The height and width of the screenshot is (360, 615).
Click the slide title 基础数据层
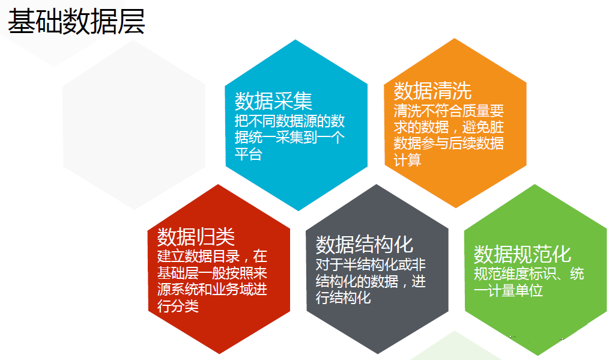pyautogui.click(x=76, y=22)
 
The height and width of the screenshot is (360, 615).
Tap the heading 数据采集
pyautogui.click(x=273, y=102)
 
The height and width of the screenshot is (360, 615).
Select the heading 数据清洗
pyautogui.click(x=432, y=91)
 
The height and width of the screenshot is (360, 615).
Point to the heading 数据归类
pyautogui.click(x=196, y=237)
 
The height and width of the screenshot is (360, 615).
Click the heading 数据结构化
pyautogui.click(x=365, y=245)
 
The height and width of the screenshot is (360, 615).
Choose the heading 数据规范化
pyautogui.click(x=523, y=254)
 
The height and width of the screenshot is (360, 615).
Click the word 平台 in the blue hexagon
pyautogui.click(x=248, y=154)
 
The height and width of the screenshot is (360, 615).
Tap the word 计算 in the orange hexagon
pyautogui.click(x=408, y=160)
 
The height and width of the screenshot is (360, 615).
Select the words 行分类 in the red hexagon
pyautogui.click(x=178, y=305)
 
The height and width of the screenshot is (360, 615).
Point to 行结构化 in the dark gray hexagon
pyautogui.click(x=343, y=297)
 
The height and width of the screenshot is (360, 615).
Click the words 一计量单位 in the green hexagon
pyautogui.click(x=508, y=290)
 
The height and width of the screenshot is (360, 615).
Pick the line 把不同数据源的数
pyautogui.click(x=289, y=121)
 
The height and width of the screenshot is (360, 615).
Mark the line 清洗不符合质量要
pyautogui.click(x=449, y=111)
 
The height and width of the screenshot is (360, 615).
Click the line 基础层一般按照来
pyautogui.click(x=212, y=272)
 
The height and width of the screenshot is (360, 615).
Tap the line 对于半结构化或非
pyautogui.click(x=371, y=264)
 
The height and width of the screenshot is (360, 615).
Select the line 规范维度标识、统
pyautogui.click(x=529, y=273)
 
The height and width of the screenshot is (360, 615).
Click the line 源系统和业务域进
pyautogui.click(x=212, y=289)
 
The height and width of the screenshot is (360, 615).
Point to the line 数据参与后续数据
pyautogui.click(x=449, y=143)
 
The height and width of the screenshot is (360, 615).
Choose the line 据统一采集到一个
pyautogui.click(x=289, y=138)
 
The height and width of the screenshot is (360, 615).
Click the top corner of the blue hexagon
pyautogui.click(x=295, y=40)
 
